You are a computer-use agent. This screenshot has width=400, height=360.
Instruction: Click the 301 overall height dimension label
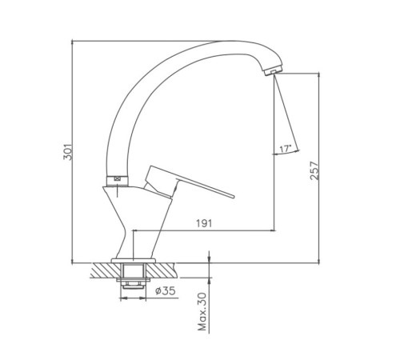68,152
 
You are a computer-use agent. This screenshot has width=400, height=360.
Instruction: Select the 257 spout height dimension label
314,170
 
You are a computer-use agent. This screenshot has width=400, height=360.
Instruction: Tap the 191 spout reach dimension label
204,223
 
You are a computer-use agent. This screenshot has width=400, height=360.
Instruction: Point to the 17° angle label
285,149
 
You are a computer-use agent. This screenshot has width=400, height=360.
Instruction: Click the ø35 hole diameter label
166,290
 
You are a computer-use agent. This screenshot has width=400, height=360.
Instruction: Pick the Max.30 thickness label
202,311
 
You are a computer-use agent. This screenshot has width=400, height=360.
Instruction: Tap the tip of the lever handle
233,196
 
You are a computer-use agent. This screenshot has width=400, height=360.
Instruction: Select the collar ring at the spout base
118,181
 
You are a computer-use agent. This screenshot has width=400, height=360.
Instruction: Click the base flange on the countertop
134,261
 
